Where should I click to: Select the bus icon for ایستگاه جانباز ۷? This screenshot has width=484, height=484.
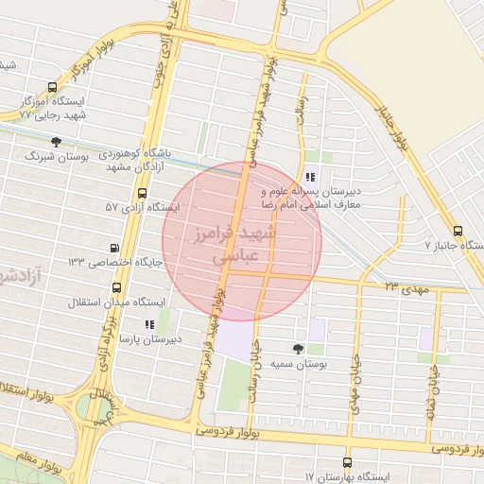[x=458, y=230]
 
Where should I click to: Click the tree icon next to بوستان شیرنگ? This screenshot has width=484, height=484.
[x=57, y=143]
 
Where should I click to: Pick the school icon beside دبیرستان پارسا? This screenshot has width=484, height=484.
[x=149, y=324]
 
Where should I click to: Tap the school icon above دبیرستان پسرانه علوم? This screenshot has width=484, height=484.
[x=311, y=177]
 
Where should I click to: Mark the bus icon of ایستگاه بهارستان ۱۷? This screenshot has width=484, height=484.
[x=347, y=463]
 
